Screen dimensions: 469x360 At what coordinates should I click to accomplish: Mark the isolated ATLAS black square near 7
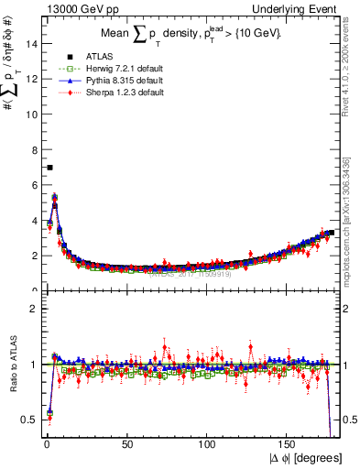tap(49, 168)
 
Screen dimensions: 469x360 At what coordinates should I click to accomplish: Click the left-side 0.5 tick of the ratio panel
tap(27, 420)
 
